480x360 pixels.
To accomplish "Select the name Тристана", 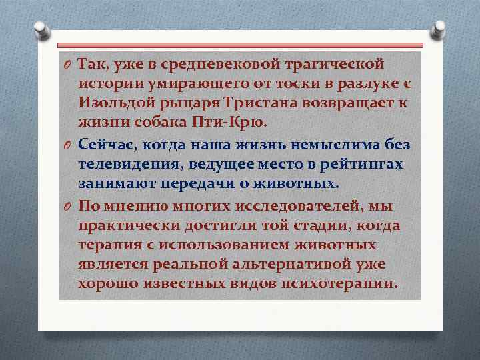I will pos(261,105).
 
